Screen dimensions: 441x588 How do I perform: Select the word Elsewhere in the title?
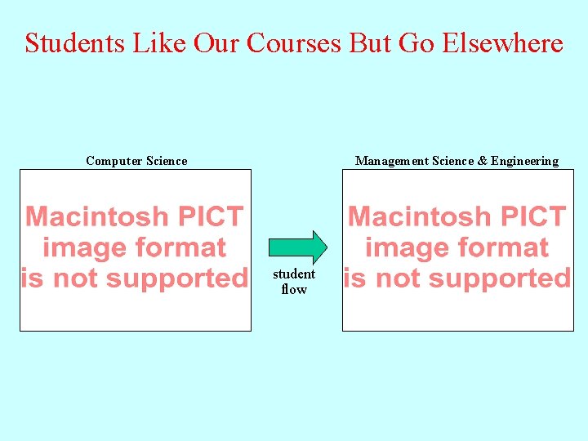point(502,42)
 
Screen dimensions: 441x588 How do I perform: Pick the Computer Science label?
point(136,161)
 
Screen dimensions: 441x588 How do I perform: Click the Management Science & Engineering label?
point(457,161)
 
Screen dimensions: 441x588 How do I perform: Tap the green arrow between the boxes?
point(298,247)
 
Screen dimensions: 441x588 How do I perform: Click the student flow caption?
point(294,282)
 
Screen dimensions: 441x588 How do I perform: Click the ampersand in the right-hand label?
point(483,161)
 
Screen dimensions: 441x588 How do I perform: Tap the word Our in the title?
point(218,42)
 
